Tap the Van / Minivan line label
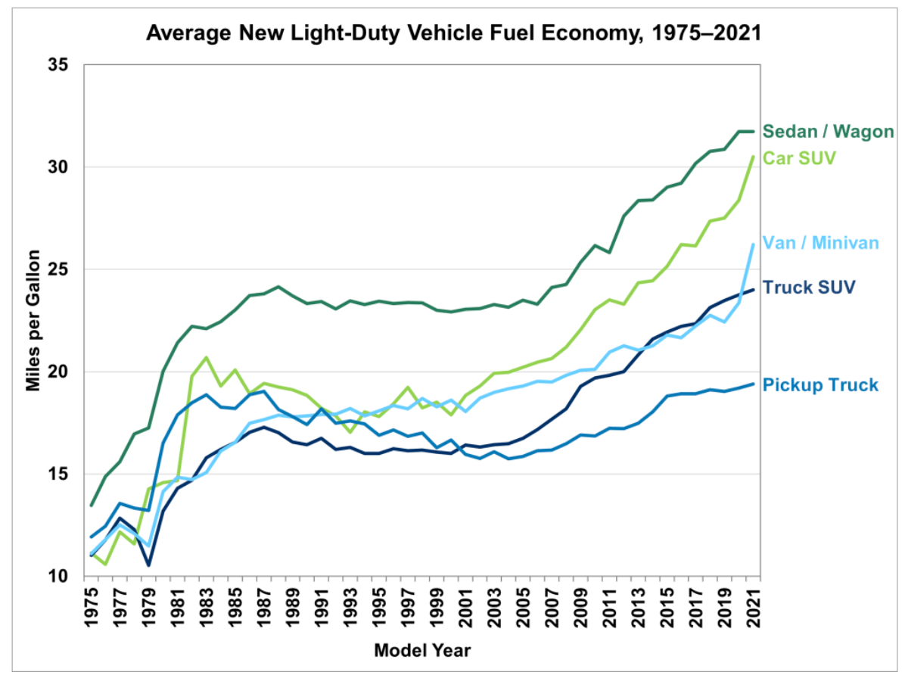(820, 243)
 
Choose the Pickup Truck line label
(820, 385)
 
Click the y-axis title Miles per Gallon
(33, 320)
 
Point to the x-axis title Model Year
(422, 650)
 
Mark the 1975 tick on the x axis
(92, 605)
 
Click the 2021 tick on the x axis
(754, 605)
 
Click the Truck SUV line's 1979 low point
(149, 565)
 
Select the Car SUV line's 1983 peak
(207, 357)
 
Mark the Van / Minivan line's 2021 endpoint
(754, 244)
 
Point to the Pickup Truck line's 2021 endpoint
(754, 384)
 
